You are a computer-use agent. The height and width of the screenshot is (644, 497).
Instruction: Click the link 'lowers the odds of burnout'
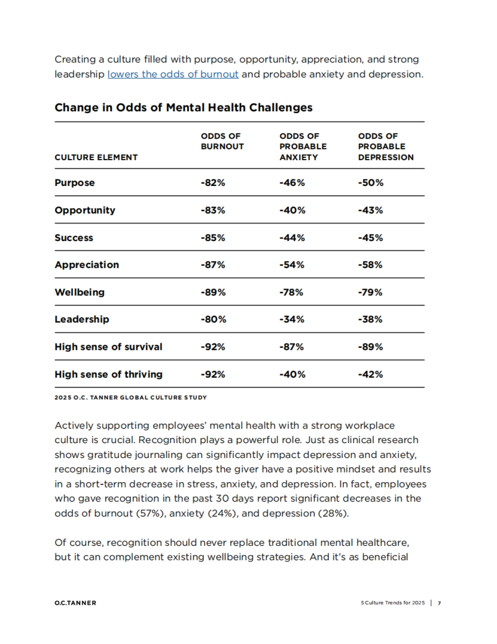coord(173,75)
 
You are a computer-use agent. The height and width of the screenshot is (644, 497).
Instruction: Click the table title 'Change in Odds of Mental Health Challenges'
coord(183,108)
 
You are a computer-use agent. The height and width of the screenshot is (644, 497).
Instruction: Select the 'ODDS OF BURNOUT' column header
coord(222,141)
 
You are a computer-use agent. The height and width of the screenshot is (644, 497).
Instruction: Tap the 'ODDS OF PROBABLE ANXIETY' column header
coord(303,147)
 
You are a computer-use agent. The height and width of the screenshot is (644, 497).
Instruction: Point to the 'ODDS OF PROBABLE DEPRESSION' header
coord(386,147)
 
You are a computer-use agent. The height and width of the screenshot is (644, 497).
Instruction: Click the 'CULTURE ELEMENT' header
coord(96,157)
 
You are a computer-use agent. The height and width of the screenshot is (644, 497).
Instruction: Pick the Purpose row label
coord(75,183)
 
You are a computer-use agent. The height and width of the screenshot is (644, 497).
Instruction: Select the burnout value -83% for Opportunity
coord(213,210)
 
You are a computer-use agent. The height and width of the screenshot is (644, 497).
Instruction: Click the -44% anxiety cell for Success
coord(292,238)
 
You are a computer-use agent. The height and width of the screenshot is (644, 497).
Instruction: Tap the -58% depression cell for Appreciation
coord(370,265)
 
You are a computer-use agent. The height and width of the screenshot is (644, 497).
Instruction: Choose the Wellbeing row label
coord(80,292)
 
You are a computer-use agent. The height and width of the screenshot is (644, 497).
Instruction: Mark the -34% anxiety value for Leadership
coord(292,319)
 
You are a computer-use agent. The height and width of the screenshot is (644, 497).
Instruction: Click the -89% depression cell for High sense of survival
coord(370,347)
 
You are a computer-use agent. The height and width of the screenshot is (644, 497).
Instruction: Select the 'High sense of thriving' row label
coord(109,374)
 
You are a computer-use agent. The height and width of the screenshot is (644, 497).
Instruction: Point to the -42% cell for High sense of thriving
coord(370,374)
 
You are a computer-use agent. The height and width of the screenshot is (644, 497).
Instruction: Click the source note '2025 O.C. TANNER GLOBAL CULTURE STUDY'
coord(130,398)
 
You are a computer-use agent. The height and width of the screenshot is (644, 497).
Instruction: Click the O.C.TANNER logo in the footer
coord(75,603)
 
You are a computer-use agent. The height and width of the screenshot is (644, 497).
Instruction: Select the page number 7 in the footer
coord(439,603)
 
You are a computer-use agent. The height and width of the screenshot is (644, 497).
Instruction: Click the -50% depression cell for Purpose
coord(371,183)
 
